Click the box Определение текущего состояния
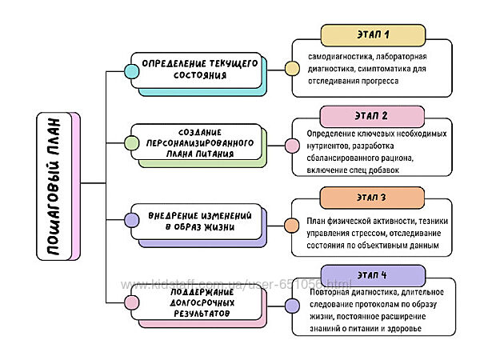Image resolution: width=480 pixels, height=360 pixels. (x=199, y=69)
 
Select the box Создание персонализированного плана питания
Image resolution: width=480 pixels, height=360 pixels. (x=199, y=143)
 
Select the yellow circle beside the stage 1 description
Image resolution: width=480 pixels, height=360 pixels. (x=293, y=67)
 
